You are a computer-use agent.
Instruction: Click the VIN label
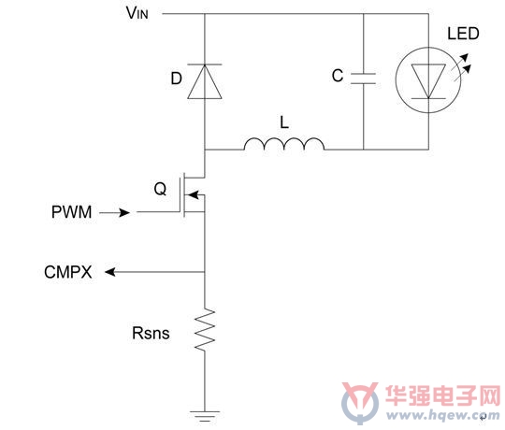click(137, 13)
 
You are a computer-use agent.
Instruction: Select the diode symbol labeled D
click(205, 81)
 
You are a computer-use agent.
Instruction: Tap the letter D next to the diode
click(177, 79)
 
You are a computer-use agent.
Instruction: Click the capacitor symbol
click(363, 79)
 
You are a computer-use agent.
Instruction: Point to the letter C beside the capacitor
click(338, 76)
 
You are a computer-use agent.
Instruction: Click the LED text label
click(463, 34)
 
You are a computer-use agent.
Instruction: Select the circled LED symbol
click(428, 79)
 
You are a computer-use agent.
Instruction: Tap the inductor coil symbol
click(284, 144)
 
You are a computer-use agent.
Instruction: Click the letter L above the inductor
click(284, 122)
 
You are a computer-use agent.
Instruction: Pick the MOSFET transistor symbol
click(194, 194)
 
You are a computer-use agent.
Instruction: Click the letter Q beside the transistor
click(160, 189)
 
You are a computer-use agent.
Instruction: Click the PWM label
click(71, 212)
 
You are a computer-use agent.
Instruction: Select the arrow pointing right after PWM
click(114, 212)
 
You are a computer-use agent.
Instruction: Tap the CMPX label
click(68, 272)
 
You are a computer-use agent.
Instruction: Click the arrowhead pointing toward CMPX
click(110, 272)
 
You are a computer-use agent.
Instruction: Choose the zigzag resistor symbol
click(205, 330)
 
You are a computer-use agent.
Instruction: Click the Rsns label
click(151, 333)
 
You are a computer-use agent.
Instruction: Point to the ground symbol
click(205, 416)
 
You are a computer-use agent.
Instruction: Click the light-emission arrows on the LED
click(461, 67)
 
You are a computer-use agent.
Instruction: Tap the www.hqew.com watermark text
click(443, 415)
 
